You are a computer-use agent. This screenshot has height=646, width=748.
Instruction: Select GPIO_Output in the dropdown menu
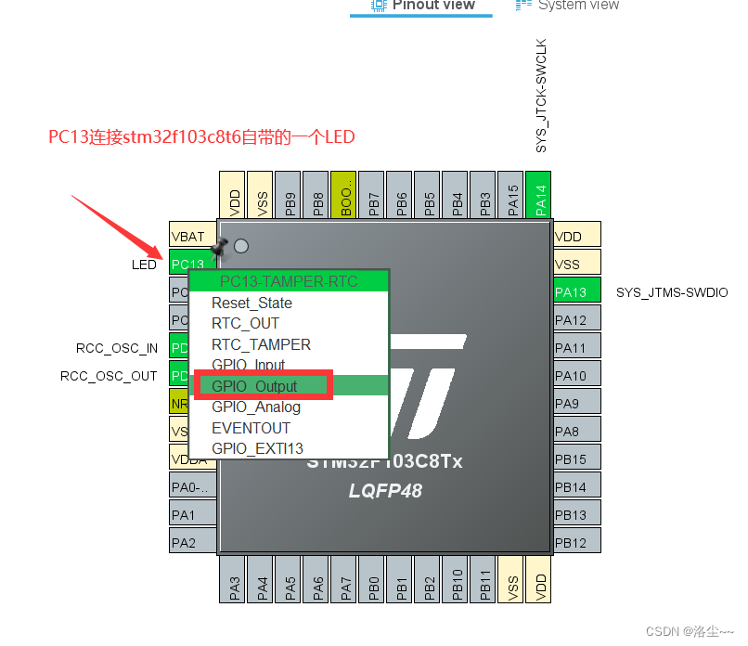(254, 386)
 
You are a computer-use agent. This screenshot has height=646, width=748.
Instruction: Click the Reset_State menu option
(251, 304)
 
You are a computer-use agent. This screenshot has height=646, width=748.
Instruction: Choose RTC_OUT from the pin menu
(245, 324)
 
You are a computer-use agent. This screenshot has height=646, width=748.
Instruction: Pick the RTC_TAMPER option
(261, 344)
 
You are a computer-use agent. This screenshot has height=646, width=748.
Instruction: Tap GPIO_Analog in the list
(256, 407)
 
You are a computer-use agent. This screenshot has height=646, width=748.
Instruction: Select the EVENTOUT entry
(251, 428)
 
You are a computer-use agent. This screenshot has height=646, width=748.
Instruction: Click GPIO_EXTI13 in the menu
(257, 448)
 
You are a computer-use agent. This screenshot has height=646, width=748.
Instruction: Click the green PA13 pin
(576, 292)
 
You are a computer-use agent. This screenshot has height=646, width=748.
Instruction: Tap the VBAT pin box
(189, 237)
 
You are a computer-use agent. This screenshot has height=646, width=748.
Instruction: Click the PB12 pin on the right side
(576, 542)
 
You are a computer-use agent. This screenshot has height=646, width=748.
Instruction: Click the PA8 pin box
(576, 432)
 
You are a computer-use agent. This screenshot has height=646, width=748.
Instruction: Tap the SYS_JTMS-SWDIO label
(672, 292)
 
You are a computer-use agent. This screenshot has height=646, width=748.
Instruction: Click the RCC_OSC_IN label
(117, 348)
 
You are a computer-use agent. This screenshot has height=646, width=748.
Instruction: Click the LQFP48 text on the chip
(385, 490)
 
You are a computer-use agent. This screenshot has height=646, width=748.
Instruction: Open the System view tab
(577, 5)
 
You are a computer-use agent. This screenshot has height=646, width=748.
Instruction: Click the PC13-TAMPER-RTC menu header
(289, 281)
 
